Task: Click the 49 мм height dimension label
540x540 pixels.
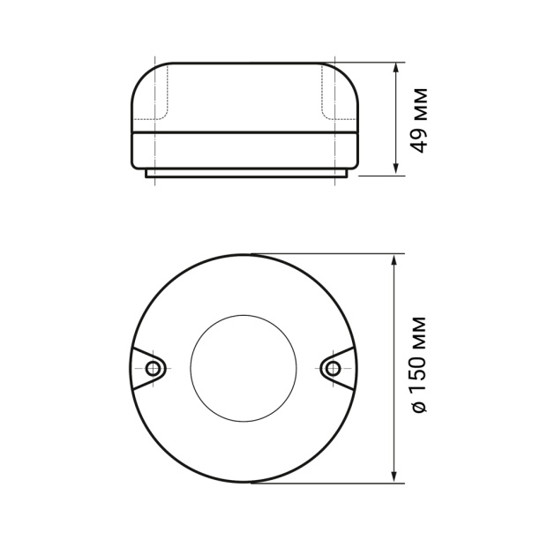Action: pos(419,121)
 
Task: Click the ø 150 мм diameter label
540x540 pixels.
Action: pos(419,364)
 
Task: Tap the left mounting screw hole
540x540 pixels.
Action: pos(153,369)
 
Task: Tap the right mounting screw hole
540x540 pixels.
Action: pos(333,369)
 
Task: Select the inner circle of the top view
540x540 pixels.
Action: pos(244,315)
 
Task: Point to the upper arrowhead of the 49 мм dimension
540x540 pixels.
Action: pos(396,67)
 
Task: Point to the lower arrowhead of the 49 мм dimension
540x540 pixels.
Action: pos(396,170)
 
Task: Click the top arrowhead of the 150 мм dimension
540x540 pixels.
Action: pos(394,259)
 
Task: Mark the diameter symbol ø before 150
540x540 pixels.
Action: pos(419,407)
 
